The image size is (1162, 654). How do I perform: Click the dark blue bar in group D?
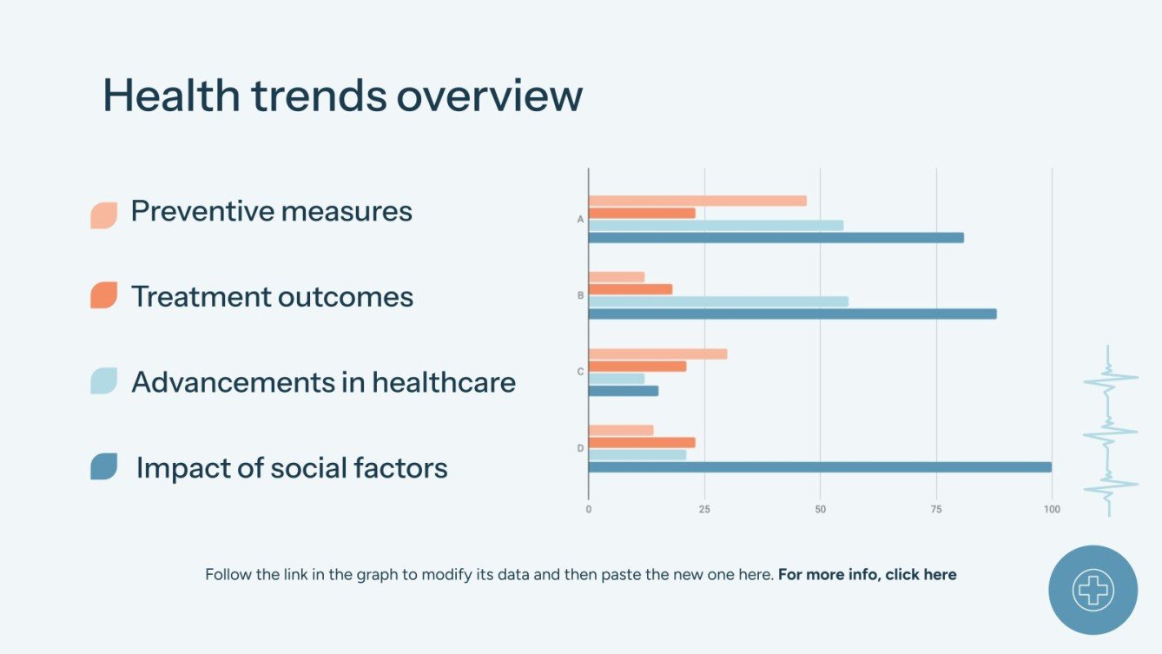pyautogui.click(x=820, y=467)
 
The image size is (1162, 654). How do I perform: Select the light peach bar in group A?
pyautogui.click(x=697, y=201)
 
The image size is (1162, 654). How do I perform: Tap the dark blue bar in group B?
pyautogui.click(x=792, y=314)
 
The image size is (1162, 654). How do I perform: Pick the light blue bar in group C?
pyautogui.click(x=617, y=379)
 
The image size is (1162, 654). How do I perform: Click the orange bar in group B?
pyautogui.click(x=631, y=289)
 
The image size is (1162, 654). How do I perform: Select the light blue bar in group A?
pyautogui.click(x=716, y=225)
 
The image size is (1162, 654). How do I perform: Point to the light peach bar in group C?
pyautogui.click(x=657, y=354)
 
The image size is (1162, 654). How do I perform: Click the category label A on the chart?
pyautogui.click(x=580, y=220)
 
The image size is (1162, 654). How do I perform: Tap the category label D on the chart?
pyautogui.click(x=580, y=448)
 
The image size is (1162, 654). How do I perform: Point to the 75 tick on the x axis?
pyautogui.click(x=935, y=509)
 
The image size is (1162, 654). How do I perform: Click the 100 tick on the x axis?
pyautogui.click(x=1052, y=509)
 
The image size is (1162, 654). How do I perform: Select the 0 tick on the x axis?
pyautogui.click(x=589, y=509)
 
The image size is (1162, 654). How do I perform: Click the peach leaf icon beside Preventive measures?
pyautogui.click(x=103, y=215)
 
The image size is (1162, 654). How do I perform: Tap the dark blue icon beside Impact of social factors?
pyautogui.click(x=103, y=466)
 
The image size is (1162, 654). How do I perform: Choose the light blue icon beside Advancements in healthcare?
pyautogui.click(x=103, y=381)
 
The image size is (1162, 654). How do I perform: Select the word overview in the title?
pyautogui.click(x=489, y=95)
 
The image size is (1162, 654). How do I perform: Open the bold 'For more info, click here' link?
pyautogui.click(x=867, y=574)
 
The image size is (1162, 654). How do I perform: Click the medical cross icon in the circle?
pyautogui.click(x=1093, y=590)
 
